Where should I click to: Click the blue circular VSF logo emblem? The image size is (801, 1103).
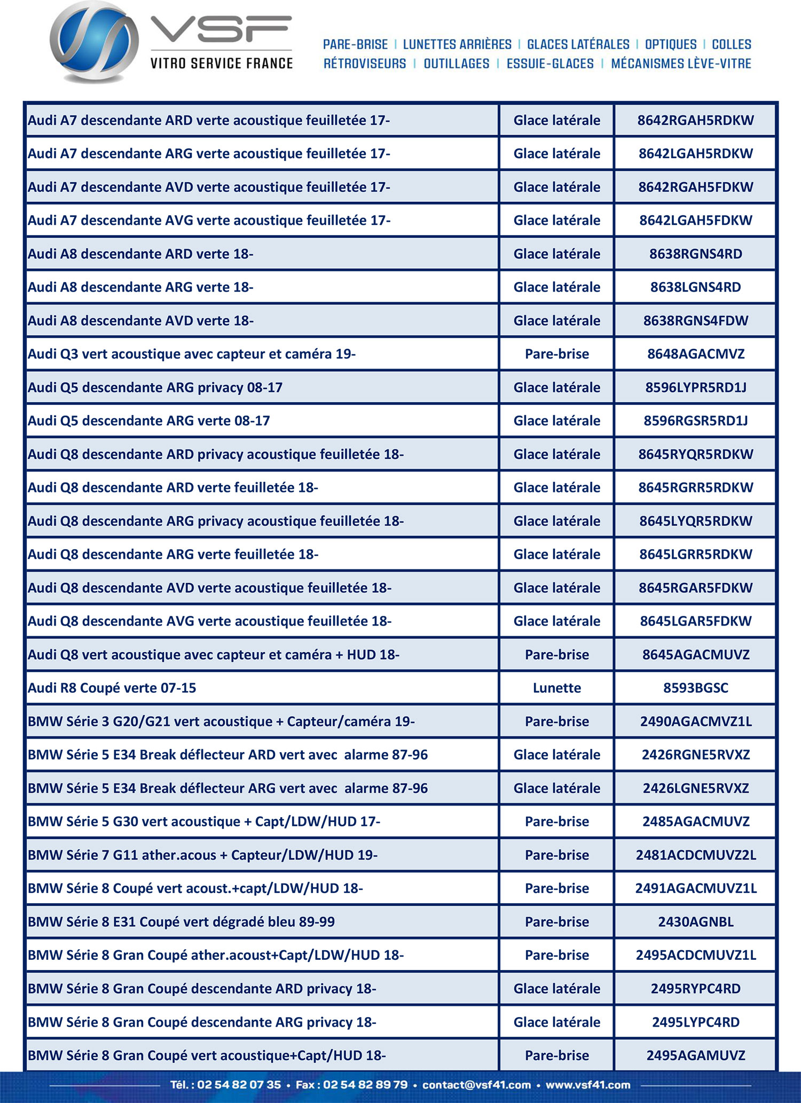(x=94, y=42)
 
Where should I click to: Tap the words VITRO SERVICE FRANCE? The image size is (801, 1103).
(x=222, y=64)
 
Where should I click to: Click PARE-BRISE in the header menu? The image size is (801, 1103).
(x=355, y=44)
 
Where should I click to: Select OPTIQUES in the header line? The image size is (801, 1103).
(x=671, y=44)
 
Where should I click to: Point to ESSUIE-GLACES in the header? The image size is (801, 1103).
(x=550, y=64)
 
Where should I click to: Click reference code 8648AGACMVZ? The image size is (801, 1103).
(x=696, y=354)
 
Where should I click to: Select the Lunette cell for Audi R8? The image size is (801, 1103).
(x=556, y=688)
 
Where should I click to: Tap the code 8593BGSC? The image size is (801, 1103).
(x=696, y=688)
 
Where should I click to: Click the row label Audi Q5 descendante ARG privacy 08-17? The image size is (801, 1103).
(x=155, y=388)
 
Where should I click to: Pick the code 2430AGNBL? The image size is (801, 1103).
(x=696, y=922)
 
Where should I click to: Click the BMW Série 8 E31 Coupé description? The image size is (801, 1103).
(x=181, y=922)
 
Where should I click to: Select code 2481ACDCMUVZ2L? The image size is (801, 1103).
(x=696, y=855)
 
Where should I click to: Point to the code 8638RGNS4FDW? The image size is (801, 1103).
(x=696, y=321)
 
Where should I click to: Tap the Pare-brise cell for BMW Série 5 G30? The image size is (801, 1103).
(x=556, y=822)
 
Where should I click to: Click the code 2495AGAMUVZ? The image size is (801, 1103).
(x=696, y=1055)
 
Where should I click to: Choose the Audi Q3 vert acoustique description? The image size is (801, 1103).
(x=191, y=354)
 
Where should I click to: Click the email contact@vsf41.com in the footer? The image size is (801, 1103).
(x=476, y=1085)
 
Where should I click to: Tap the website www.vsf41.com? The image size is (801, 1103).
(x=588, y=1085)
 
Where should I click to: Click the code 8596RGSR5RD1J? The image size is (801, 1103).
(x=696, y=421)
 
